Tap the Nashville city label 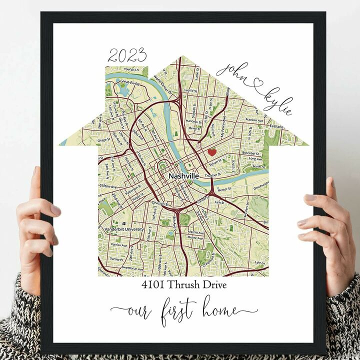tap(183, 176)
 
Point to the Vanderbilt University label tap(124, 229)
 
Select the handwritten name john tap(233, 69)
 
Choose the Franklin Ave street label tap(254, 120)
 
